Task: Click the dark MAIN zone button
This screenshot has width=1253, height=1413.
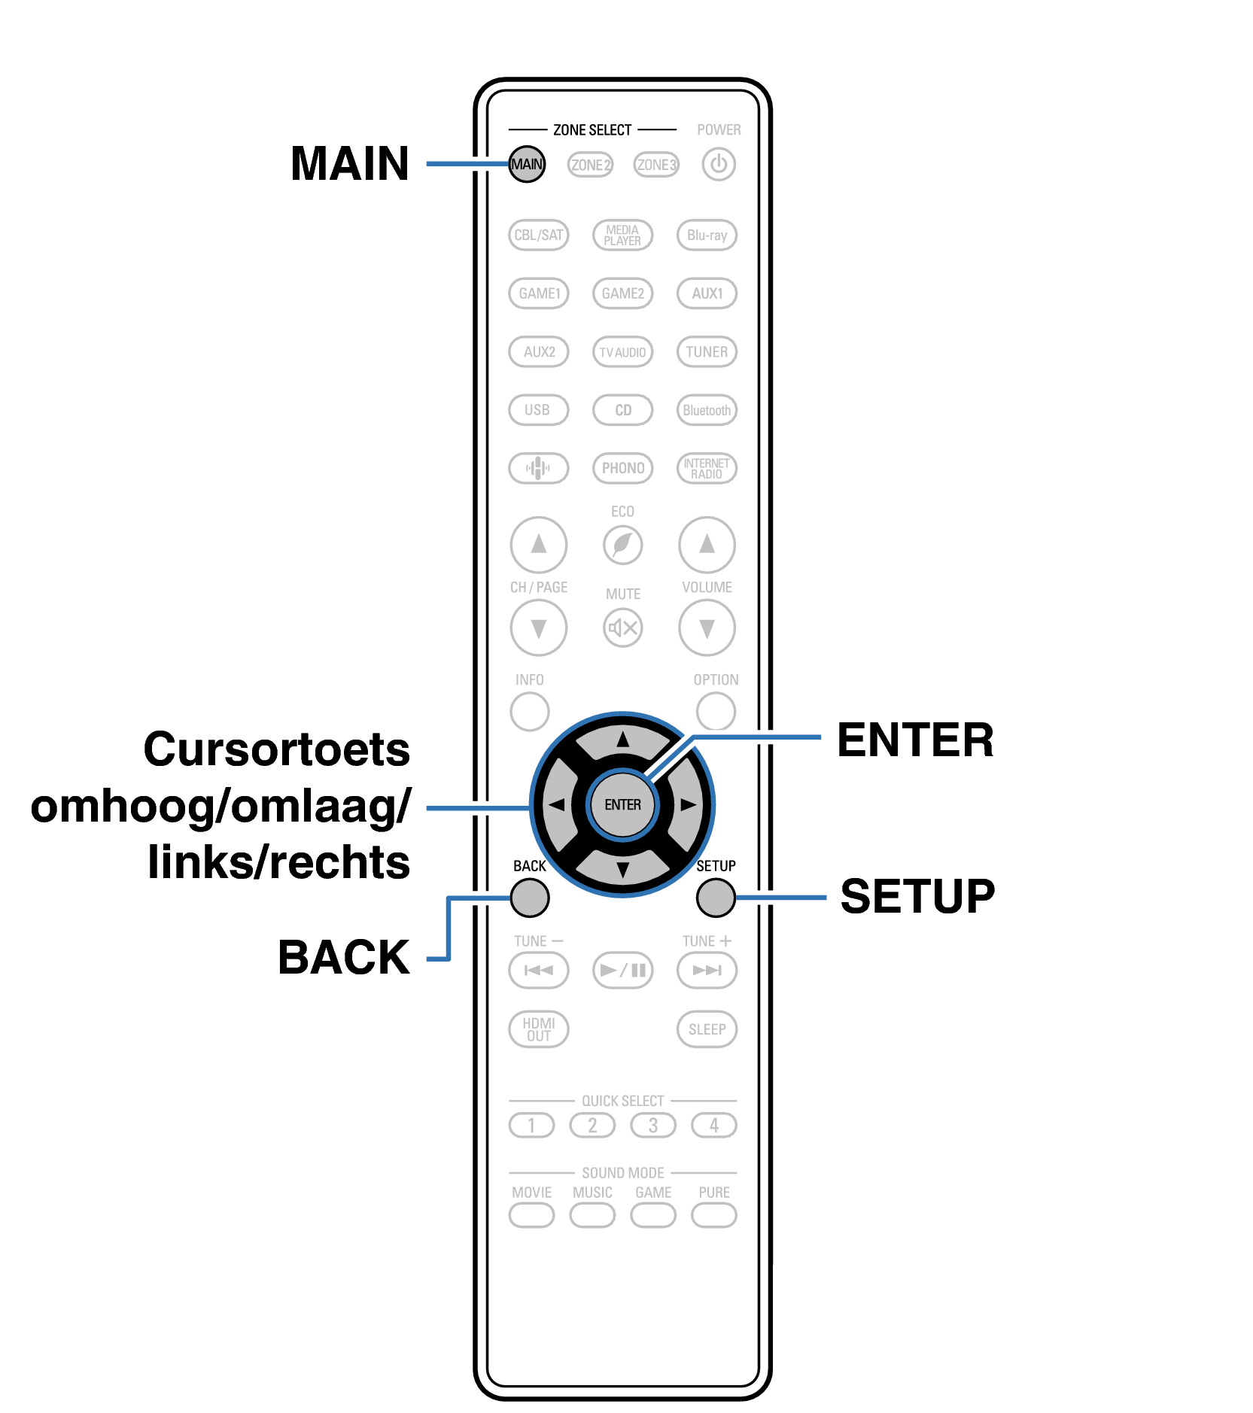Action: (526, 164)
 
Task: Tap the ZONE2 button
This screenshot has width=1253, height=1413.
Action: (590, 164)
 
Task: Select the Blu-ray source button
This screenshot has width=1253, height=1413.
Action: (707, 235)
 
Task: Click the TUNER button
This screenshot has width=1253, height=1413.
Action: (707, 351)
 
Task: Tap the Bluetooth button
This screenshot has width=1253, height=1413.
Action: (707, 410)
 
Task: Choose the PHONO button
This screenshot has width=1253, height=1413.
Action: (622, 468)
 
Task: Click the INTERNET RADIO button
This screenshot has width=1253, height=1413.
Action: (707, 468)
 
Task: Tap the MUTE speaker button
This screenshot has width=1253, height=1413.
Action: (622, 627)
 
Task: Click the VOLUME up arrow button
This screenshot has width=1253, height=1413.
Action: (707, 544)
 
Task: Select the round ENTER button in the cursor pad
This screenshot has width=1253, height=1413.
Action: (622, 804)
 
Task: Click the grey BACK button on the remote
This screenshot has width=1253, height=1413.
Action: (530, 898)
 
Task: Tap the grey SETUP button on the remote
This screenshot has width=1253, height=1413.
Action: (716, 898)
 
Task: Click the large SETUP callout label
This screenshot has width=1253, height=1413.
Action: (917, 896)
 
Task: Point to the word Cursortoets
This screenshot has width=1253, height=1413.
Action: (276, 749)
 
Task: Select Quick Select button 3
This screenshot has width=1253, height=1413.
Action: (653, 1125)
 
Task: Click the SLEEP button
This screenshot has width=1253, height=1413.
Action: (707, 1029)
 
